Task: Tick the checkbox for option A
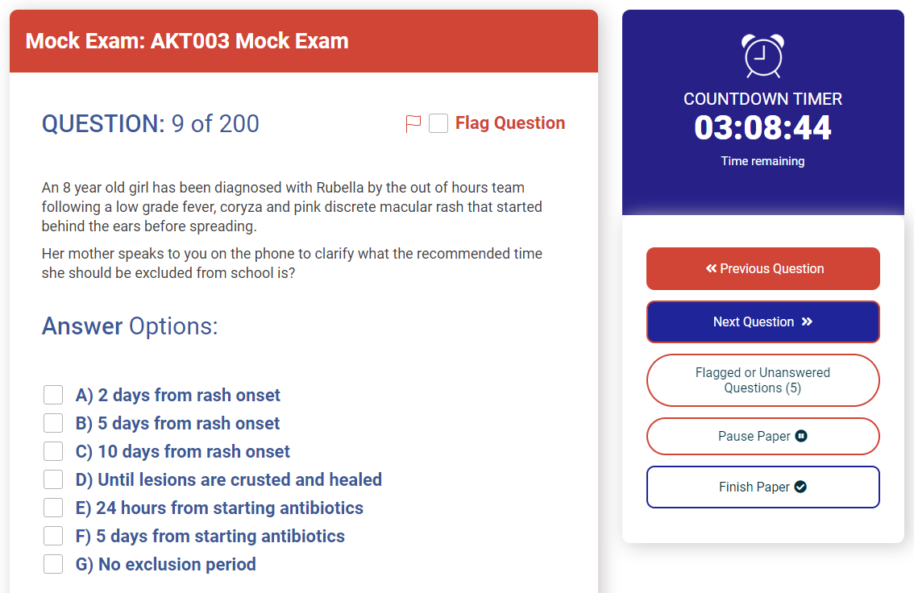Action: pyautogui.click(x=53, y=394)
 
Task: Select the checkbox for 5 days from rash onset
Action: pyautogui.click(x=53, y=423)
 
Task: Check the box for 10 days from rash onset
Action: pyautogui.click(x=53, y=451)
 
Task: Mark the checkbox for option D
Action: pyautogui.click(x=53, y=479)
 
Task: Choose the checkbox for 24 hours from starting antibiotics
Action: pyautogui.click(x=53, y=508)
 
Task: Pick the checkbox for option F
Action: pyautogui.click(x=53, y=536)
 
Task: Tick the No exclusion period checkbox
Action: pyautogui.click(x=53, y=564)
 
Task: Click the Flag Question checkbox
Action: pyautogui.click(x=438, y=123)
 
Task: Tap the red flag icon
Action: pyautogui.click(x=413, y=123)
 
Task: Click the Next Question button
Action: pyautogui.click(x=762, y=321)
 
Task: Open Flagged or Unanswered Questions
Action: pyautogui.click(x=762, y=380)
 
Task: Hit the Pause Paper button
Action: pyautogui.click(x=762, y=437)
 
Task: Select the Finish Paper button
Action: pyautogui.click(x=762, y=487)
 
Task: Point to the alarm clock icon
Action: pyautogui.click(x=762, y=56)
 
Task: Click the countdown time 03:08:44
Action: pyautogui.click(x=762, y=127)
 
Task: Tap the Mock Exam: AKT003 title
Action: pyautogui.click(x=187, y=41)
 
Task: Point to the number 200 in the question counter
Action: pyautogui.click(x=239, y=123)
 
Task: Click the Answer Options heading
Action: pyautogui.click(x=130, y=326)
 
